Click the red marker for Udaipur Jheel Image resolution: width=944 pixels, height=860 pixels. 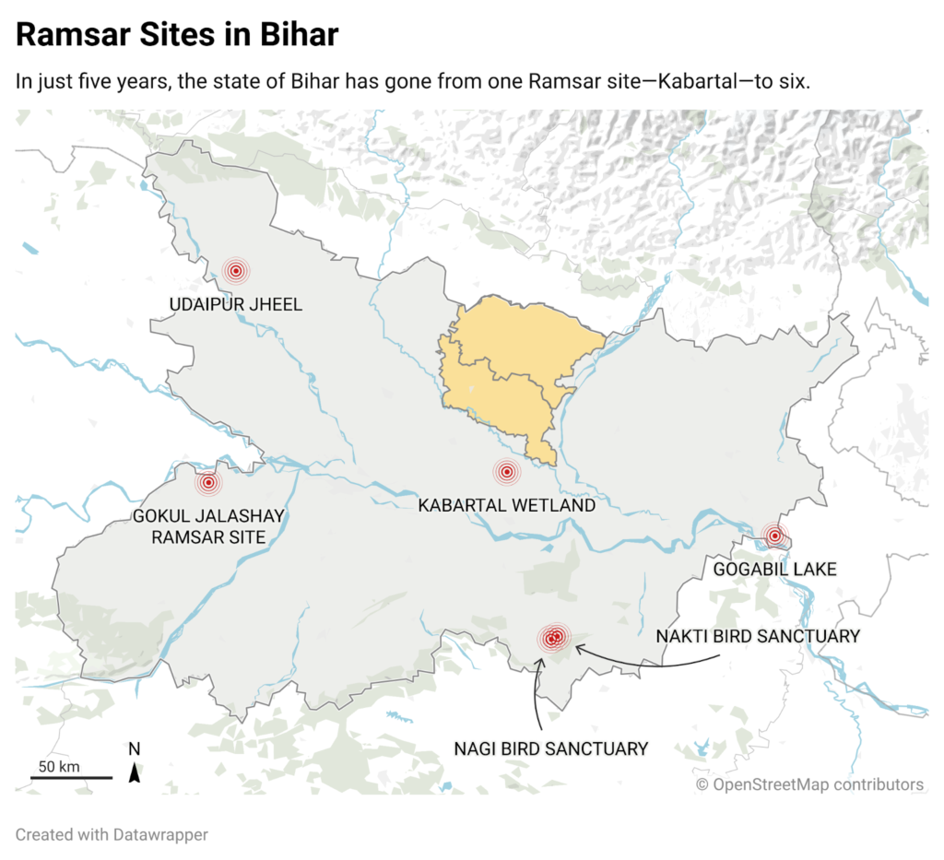[x=236, y=271]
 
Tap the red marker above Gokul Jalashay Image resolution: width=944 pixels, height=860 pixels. [x=208, y=482]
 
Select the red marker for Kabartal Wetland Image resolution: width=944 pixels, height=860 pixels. [x=505, y=472]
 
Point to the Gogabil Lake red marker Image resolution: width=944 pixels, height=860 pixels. [x=775, y=536]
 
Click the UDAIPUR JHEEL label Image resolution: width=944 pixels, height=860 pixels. [x=235, y=304]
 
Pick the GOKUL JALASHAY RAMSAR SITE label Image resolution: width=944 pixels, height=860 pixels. [x=208, y=526]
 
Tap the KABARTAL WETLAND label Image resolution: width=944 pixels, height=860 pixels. [x=506, y=506]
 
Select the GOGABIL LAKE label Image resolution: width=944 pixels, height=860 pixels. [x=774, y=570]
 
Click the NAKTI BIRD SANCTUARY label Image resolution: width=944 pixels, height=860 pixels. [x=757, y=636]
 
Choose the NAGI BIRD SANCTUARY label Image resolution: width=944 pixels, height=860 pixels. [x=550, y=748]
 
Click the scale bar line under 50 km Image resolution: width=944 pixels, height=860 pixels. [x=71, y=777]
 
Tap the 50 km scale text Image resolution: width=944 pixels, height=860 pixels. [x=59, y=766]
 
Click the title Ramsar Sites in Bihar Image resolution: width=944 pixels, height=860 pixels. [x=177, y=35]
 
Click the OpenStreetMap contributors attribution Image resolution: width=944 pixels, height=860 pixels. [x=809, y=784]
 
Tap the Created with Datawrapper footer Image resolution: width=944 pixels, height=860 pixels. [x=112, y=835]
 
